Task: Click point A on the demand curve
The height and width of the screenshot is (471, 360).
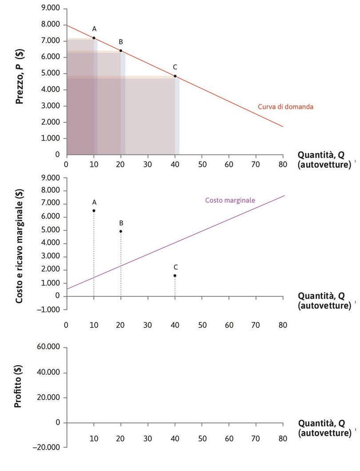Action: [x=94, y=38]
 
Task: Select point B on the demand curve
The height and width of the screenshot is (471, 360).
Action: [x=121, y=51]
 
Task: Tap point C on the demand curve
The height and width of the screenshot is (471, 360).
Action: [x=175, y=76]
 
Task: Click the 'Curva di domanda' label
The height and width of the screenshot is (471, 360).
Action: [x=286, y=107]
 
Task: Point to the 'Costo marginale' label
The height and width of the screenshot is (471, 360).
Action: [x=230, y=200]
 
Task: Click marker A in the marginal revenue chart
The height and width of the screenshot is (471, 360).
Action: [x=94, y=210]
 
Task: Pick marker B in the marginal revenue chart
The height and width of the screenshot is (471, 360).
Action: [x=121, y=231]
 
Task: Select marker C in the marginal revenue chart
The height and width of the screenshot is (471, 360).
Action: [x=175, y=276]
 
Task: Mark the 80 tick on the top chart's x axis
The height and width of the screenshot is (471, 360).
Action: [x=283, y=163]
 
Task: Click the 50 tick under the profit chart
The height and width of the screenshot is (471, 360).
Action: [x=202, y=439]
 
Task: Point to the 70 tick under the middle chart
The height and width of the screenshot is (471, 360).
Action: [x=256, y=325]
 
